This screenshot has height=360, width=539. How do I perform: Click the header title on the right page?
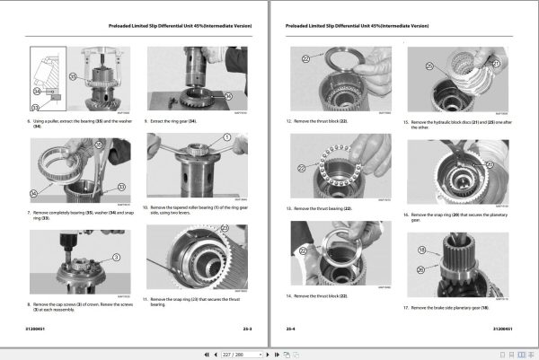click(400, 27)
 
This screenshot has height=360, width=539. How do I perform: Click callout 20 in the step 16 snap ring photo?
click(490, 164)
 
